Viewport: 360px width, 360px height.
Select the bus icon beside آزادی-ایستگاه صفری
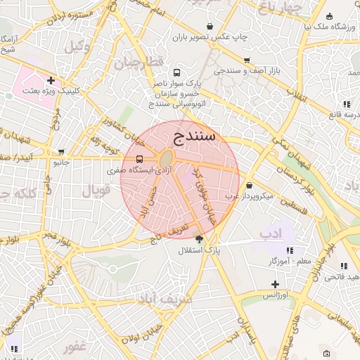tap(140, 159)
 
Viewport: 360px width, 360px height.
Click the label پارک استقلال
tap(199, 250)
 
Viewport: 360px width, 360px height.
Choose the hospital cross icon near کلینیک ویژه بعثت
tap(51, 80)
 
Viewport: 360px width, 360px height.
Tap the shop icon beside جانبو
tap(62, 151)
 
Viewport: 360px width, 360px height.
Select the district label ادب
tap(270, 232)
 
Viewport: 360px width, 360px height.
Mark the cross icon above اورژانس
tap(276, 285)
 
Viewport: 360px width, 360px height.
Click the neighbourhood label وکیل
tap(78, 46)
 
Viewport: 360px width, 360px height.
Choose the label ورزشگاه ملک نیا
tap(330, 26)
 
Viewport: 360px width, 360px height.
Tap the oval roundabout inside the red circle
tap(167, 159)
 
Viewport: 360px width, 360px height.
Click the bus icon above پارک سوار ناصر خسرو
tap(176, 72)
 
